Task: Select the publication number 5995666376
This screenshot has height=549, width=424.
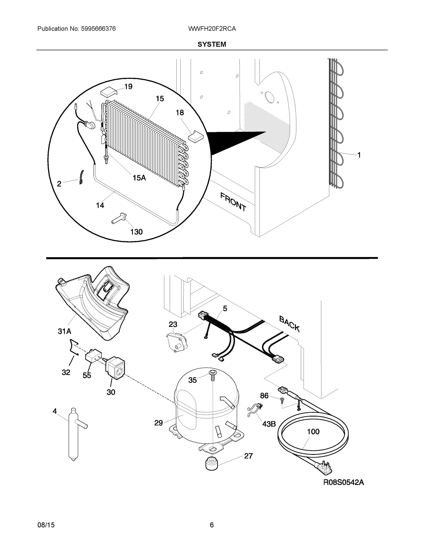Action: coord(98,29)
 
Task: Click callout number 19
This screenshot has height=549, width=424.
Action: coord(128,86)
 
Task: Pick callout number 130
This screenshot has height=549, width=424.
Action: coord(136,231)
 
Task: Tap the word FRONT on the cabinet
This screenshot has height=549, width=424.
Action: coord(233,201)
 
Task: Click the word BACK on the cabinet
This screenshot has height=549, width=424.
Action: coord(289,323)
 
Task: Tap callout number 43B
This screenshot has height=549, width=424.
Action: coord(269,424)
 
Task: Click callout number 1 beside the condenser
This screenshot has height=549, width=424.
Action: coord(359,155)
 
